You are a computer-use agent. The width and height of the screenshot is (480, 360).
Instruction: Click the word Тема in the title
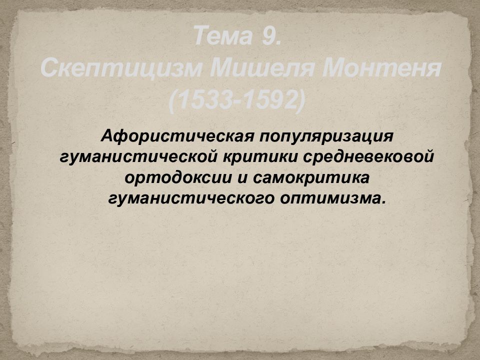pos(223,37)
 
